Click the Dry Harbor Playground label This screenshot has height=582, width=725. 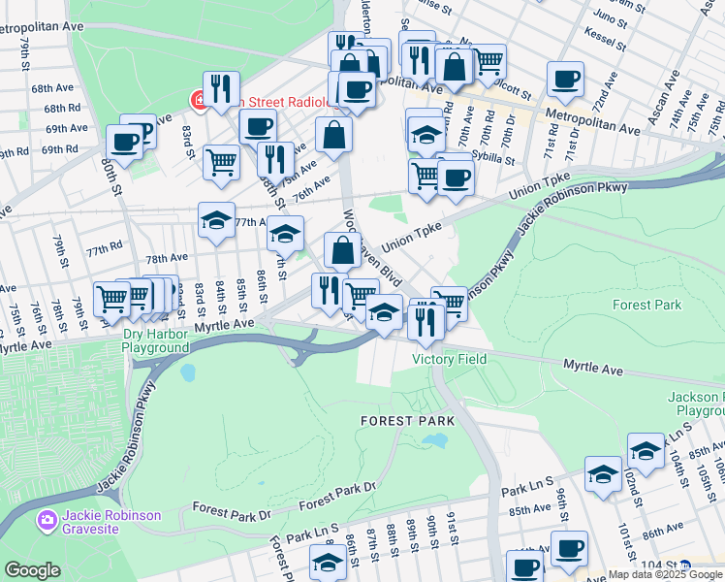155,340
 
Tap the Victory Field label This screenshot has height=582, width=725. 449,359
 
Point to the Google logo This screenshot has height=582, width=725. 32,570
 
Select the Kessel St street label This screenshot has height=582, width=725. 605,33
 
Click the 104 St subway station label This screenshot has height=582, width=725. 660,564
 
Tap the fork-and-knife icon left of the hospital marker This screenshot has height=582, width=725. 221,88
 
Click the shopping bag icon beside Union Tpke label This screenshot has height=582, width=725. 342,250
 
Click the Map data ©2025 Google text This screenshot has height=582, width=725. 665,574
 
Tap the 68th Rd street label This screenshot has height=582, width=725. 61,108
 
